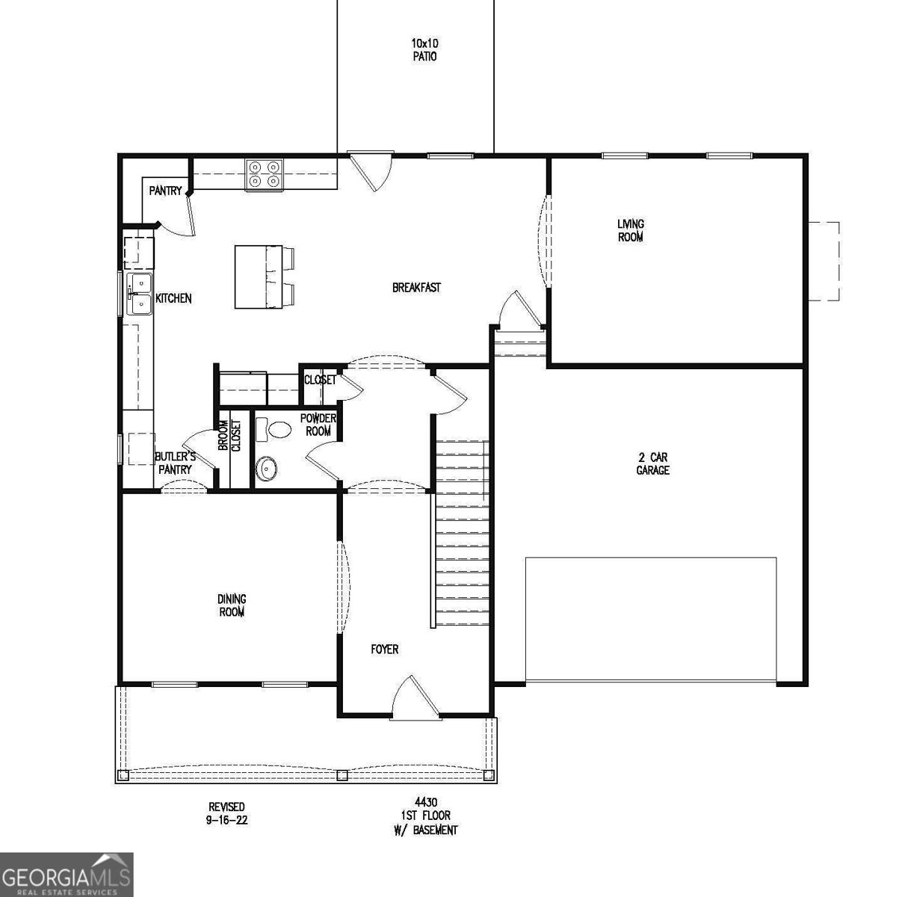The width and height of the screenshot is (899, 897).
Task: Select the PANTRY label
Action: pyautogui.click(x=165, y=191)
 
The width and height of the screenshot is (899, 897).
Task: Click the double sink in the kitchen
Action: pyautogui.click(x=139, y=294)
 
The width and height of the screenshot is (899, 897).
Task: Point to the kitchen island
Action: pyautogui.click(x=250, y=277)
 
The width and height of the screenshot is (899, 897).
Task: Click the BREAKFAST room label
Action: pyautogui.click(x=416, y=287)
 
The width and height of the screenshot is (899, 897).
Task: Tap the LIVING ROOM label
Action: pyautogui.click(x=630, y=230)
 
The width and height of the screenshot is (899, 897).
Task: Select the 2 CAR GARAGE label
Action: pyautogui.click(x=652, y=463)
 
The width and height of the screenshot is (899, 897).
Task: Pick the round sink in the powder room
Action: pyautogui.click(x=267, y=468)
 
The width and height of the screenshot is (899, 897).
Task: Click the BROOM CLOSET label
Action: pyautogui.click(x=229, y=436)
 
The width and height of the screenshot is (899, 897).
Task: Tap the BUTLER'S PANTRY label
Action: pyautogui.click(x=175, y=463)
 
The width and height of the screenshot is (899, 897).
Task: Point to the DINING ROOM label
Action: pyautogui.click(x=232, y=605)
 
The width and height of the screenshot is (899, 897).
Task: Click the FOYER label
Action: pyautogui.click(x=385, y=649)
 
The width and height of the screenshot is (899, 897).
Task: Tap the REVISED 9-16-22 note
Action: pyautogui.click(x=226, y=813)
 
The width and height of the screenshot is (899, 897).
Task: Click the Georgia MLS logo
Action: pyautogui.click(x=67, y=875)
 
